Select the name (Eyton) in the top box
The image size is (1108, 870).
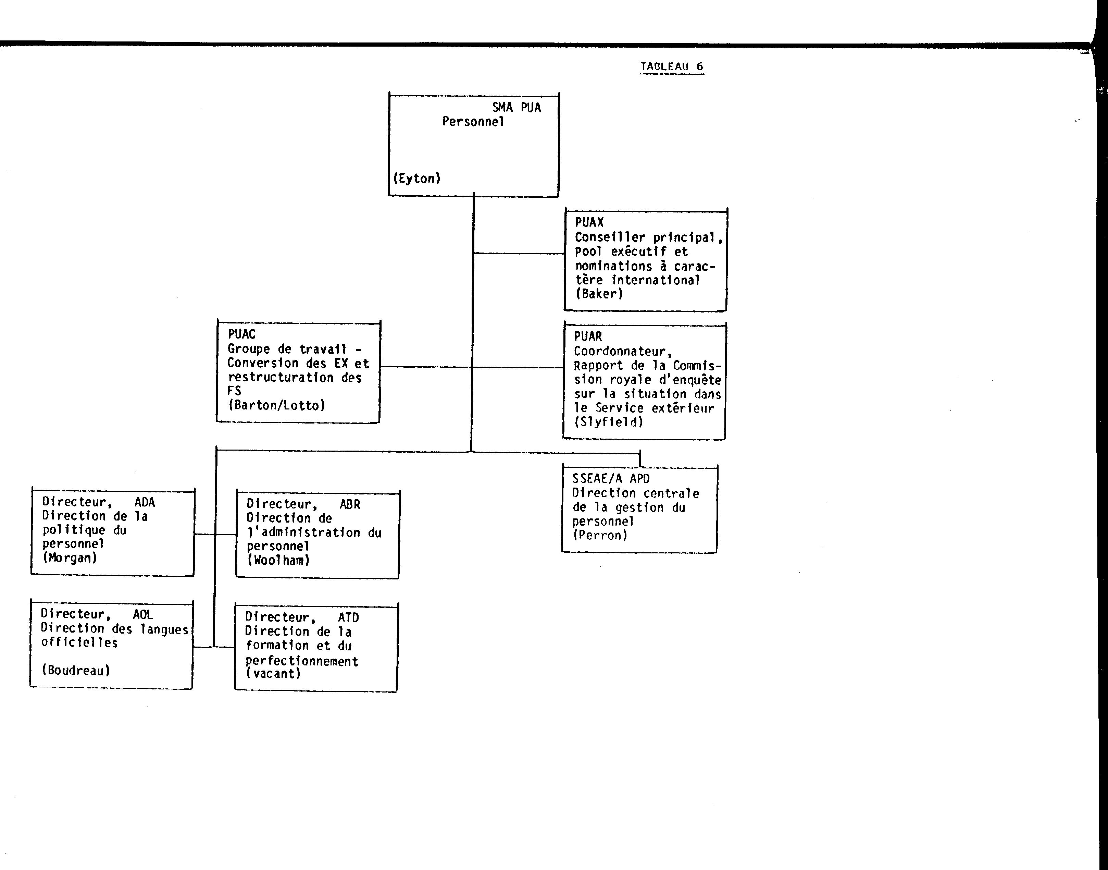pos(416,178)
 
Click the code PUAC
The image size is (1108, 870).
pos(241,334)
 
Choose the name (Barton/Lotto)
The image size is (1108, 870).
pos(276,405)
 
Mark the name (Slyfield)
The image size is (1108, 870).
pos(609,422)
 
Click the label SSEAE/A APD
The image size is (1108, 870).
pos(611,478)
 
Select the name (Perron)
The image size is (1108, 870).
pos(600,535)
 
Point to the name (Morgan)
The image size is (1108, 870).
pos(70,558)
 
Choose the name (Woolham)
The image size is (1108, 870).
pos(278,560)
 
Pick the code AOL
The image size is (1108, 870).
pos(143,615)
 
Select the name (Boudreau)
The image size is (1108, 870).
pos(76,670)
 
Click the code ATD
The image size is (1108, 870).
pos(348,617)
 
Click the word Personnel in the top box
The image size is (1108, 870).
pos(473,121)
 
